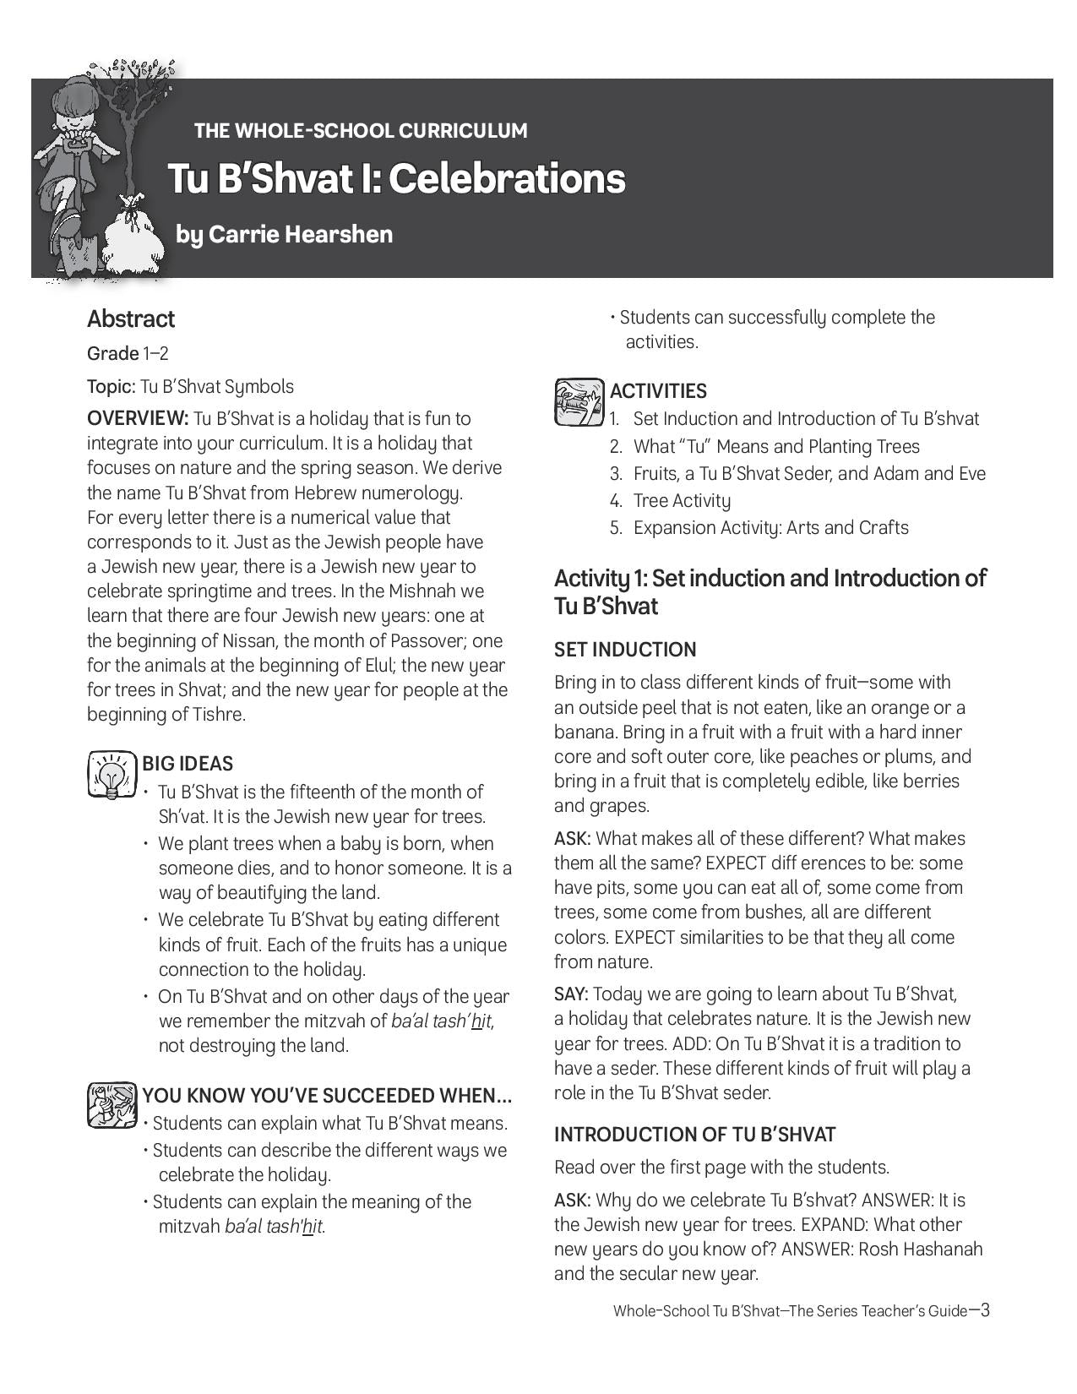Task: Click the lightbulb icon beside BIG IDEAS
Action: (111, 774)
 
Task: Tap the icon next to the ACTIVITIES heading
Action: (579, 402)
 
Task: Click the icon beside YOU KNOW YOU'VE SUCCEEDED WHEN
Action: (112, 1104)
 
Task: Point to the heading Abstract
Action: (131, 319)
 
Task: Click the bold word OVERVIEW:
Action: (138, 418)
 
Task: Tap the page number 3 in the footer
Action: (983, 1310)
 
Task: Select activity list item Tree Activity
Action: (682, 500)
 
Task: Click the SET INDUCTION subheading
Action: (625, 650)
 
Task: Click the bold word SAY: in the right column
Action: (571, 994)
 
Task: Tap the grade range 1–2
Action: (155, 353)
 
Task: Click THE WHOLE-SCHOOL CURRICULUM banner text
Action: (361, 131)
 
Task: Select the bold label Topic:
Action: (111, 386)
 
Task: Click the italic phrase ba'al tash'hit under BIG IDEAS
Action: (441, 1021)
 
